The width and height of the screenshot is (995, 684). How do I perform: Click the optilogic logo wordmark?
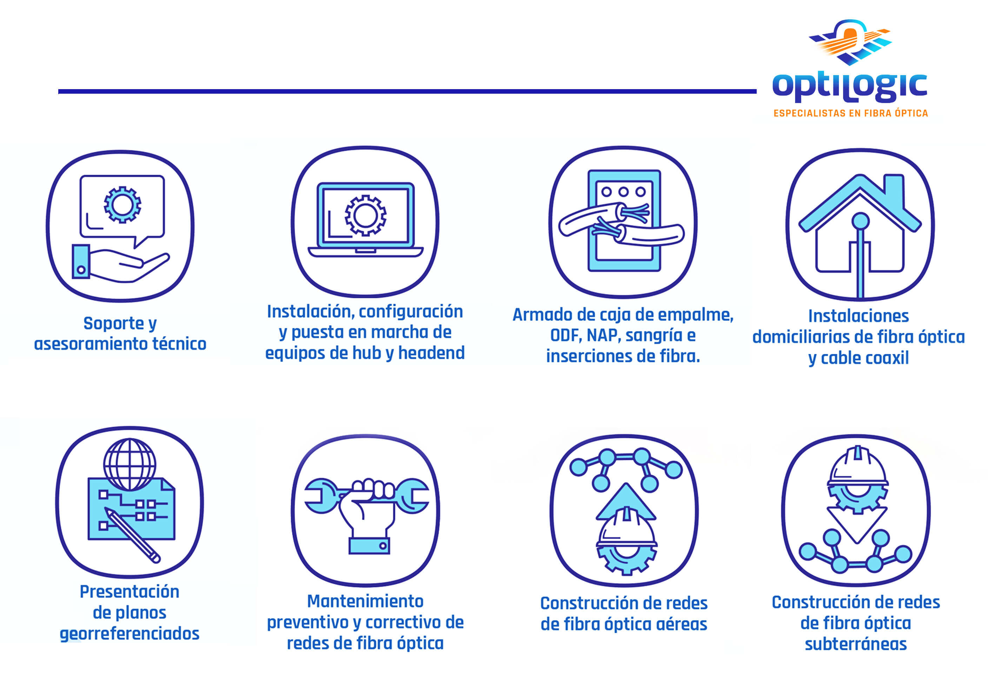[850, 87]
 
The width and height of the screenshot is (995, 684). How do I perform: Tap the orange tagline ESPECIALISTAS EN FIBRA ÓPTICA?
[851, 113]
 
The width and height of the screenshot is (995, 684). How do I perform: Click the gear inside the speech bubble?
[122, 205]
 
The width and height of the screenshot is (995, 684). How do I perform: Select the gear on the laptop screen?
[365, 215]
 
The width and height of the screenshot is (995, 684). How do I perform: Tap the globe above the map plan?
[130, 464]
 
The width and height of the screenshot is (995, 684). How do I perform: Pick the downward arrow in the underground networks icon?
[857, 525]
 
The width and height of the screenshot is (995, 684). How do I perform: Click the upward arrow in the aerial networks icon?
[626, 502]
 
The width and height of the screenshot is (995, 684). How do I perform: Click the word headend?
[431, 353]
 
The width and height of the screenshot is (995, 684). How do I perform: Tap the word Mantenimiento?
[365, 601]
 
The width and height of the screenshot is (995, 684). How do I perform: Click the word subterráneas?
[856, 644]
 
